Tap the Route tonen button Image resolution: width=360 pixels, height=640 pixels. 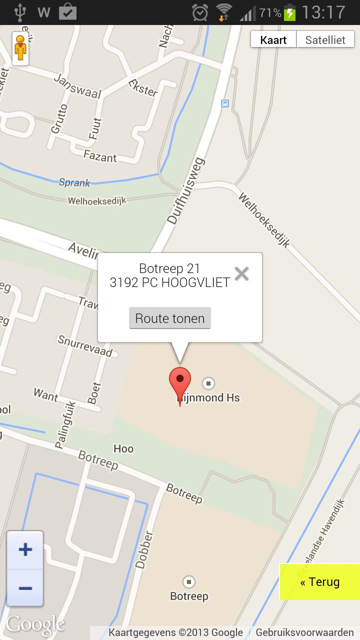tap(170, 318)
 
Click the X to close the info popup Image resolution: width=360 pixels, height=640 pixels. tap(241, 273)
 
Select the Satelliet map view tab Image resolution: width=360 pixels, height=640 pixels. tap(325, 40)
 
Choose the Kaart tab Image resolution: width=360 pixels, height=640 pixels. tap(273, 40)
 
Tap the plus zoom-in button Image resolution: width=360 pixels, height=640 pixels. tap(25, 550)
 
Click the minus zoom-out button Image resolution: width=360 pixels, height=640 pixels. tap(25, 587)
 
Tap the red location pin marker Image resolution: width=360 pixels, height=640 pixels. tap(180, 384)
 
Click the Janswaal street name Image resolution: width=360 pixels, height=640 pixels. tap(77, 86)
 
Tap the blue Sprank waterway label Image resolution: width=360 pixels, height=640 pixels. tap(74, 182)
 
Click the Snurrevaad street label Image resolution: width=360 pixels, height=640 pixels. tap(85, 345)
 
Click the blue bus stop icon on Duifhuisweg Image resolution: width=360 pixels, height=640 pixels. tap(225, 103)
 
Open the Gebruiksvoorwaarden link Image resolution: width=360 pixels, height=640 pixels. tap(304, 632)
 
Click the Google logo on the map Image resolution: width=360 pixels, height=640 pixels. tap(35, 624)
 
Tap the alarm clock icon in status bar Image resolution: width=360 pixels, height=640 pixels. tap(200, 12)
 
